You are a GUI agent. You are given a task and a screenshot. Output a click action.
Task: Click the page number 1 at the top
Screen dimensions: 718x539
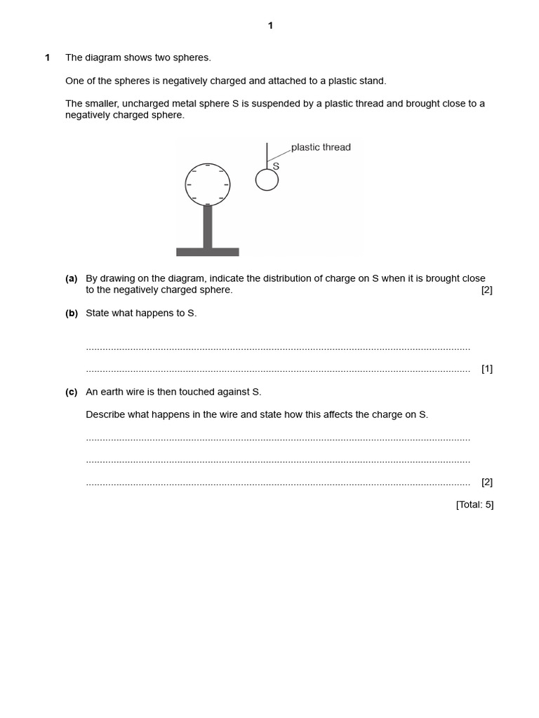pyautogui.click(x=270, y=26)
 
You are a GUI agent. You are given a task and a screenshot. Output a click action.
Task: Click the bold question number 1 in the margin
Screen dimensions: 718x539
pyautogui.click(x=48, y=57)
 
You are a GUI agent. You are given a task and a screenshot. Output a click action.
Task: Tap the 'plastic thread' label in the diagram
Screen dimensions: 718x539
pyautogui.click(x=321, y=147)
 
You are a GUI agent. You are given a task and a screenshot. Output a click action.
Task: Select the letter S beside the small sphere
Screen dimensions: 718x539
pyautogui.click(x=276, y=166)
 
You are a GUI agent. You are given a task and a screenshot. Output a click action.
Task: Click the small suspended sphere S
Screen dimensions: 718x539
pyautogui.click(x=267, y=180)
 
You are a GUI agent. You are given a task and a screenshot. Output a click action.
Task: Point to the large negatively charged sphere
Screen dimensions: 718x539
pyautogui.click(x=208, y=184)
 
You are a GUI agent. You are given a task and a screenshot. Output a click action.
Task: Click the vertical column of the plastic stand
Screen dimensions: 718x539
pyautogui.click(x=208, y=226)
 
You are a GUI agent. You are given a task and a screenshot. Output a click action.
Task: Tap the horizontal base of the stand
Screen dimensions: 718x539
pyautogui.click(x=207, y=252)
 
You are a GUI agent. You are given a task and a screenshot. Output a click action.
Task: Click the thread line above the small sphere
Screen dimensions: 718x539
pyautogui.click(x=267, y=154)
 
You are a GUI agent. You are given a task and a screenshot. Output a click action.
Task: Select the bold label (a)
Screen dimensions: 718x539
pyautogui.click(x=72, y=278)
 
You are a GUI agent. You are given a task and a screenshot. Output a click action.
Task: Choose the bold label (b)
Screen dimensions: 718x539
pyautogui.click(x=72, y=313)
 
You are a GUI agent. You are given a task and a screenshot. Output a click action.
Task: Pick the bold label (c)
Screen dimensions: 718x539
pyautogui.click(x=72, y=392)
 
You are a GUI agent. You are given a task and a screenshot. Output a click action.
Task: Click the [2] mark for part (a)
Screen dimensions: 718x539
pyautogui.click(x=487, y=290)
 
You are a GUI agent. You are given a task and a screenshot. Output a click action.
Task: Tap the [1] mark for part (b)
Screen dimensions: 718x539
pyautogui.click(x=487, y=369)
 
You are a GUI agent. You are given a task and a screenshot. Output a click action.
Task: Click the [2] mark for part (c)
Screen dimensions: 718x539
pyautogui.click(x=487, y=482)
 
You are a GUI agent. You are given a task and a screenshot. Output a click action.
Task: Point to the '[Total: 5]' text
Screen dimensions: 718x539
pyautogui.click(x=474, y=504)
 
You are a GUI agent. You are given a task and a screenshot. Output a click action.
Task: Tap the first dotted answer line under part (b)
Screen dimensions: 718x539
pyautogui.click(x=278, y=348)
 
